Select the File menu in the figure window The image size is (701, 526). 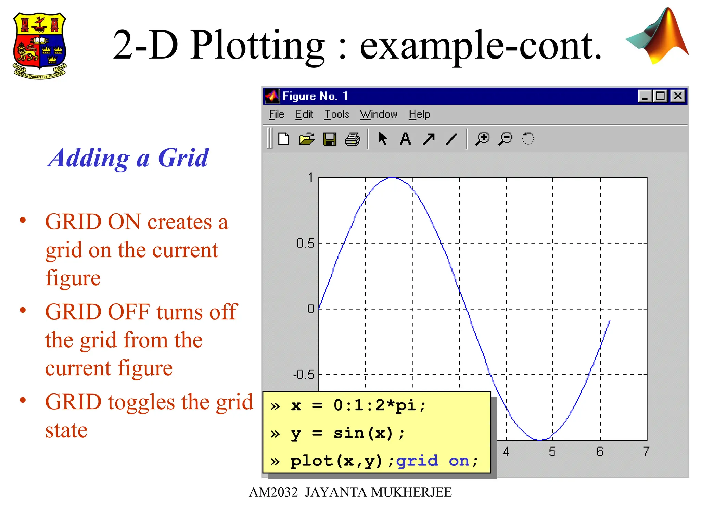pos(276,114)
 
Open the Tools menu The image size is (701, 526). pos(336,114)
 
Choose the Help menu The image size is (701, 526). pos(419,114)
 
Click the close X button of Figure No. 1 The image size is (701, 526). pos(678,96)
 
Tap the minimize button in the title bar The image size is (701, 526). pos(645,96)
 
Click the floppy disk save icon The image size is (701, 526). pos(330,139)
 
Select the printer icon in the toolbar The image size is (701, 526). pos(353,139)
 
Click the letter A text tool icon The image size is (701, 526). pos(405,139)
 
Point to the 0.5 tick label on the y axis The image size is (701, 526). pos(305,243)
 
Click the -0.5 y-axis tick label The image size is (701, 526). pos(304,375)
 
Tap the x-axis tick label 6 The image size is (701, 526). pos(600,452)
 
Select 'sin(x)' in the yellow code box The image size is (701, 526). pos(363,434)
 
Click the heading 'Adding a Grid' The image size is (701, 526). pos(128,158)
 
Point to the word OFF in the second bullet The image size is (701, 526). pos(129,312)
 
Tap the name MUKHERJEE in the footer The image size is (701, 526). pos(411,492)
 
